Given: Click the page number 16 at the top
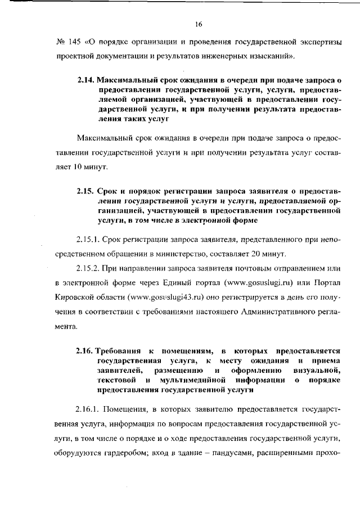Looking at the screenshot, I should tap(198, 24).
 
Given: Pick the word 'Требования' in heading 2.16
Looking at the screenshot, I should tap(121, 350).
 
